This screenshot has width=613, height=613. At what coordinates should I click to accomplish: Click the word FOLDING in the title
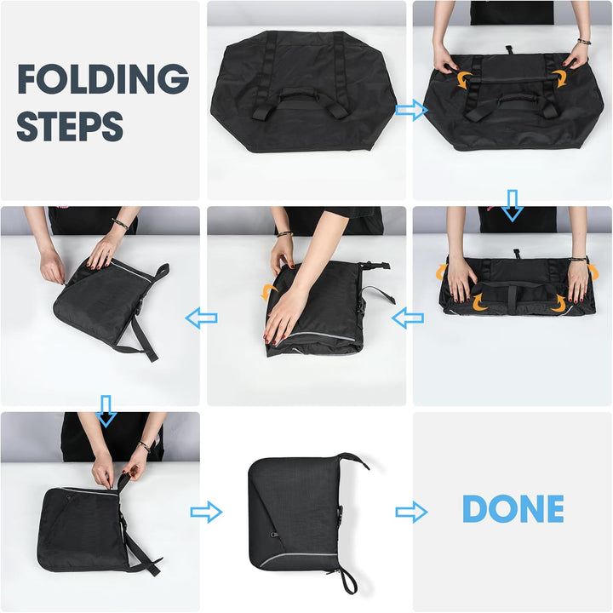click(103, 78)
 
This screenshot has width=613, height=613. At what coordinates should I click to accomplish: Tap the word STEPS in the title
click(70, 126)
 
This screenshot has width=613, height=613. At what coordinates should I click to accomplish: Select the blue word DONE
click(513, 508)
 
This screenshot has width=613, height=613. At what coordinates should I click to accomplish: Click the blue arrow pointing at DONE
click(411, 513)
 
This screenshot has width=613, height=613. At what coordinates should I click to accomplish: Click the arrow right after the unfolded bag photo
click(412, 110)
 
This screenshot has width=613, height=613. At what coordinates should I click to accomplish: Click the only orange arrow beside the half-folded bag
click(269, 291)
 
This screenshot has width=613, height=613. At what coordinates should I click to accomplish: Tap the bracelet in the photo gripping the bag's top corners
click(584, 42)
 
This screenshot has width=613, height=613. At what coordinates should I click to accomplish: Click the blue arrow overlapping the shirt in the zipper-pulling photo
click(106, 411)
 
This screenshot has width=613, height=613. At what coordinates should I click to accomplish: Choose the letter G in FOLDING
click(174, 78)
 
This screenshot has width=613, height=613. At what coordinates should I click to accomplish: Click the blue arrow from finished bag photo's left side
click(206, 512)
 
